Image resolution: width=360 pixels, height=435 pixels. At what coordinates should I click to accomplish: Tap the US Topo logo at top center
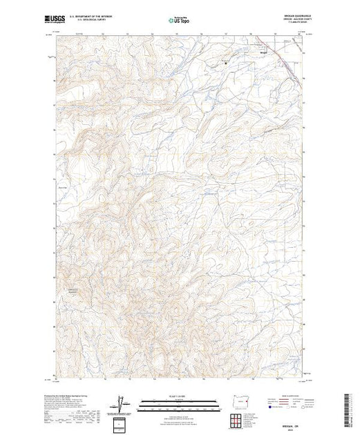point(179,20)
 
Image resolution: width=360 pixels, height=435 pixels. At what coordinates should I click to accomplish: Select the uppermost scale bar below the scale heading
point(180,403)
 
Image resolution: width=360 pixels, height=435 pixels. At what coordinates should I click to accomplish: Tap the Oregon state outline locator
point(238,403)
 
